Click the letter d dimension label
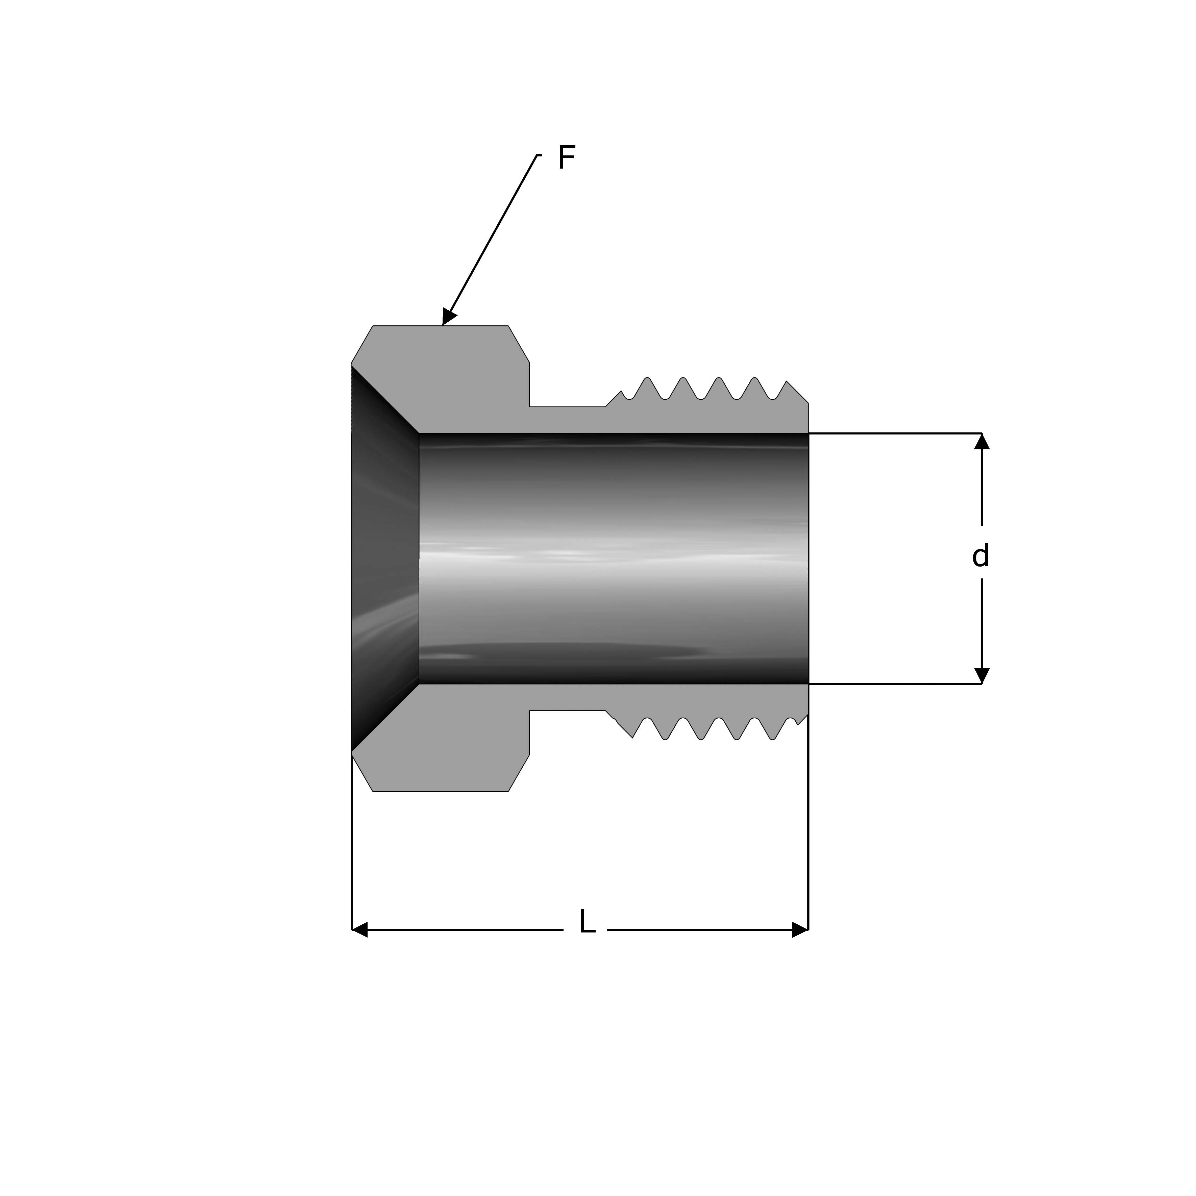pos(980,555)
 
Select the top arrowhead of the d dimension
pos(982,441)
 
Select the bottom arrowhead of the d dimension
pos(982,676)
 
